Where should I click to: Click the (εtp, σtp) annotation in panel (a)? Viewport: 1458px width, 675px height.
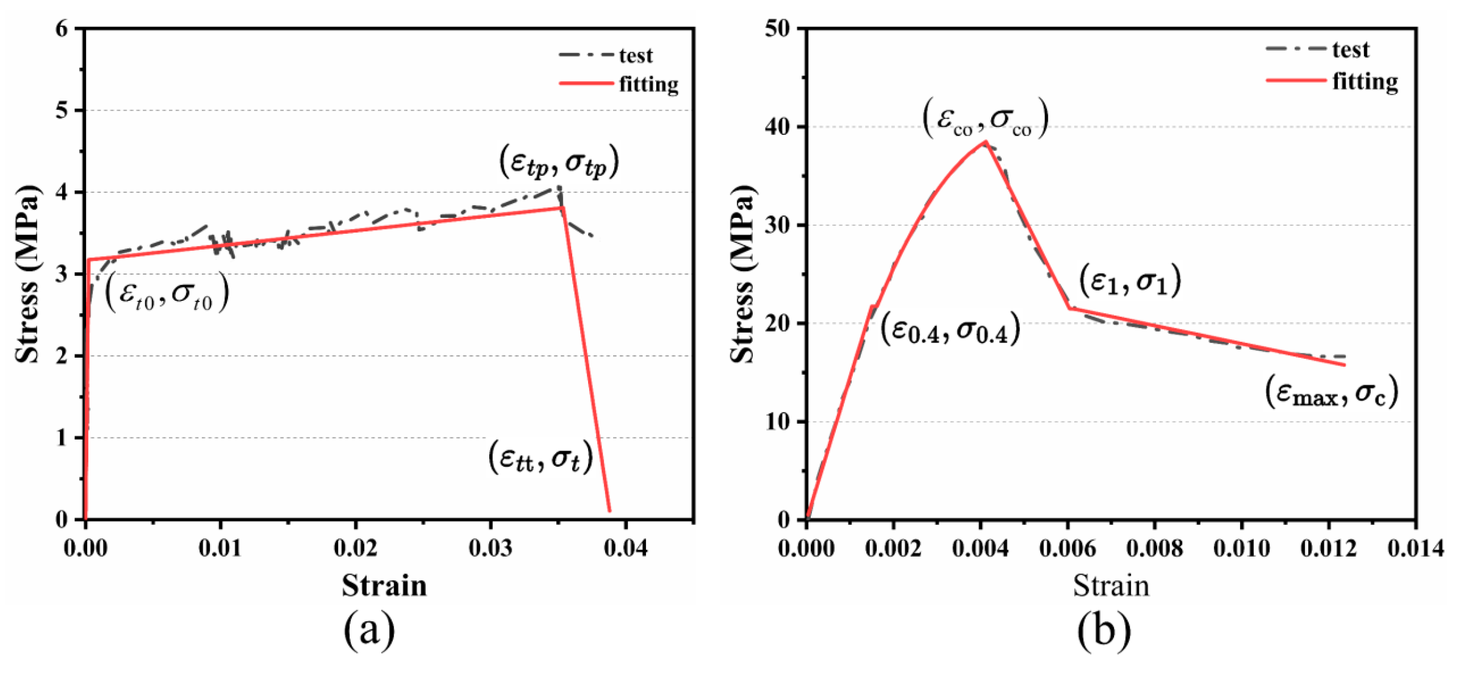(x=559, y=162)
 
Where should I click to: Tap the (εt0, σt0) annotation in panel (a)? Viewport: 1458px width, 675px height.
(x=167, y=294)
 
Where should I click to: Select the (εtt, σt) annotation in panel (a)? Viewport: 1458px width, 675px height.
(x=540, y=458)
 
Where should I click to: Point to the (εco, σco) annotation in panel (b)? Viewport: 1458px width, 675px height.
(x=985, y=118)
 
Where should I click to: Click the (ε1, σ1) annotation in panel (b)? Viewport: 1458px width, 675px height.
(x=1130, y=281)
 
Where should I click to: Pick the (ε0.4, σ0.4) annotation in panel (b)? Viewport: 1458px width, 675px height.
(x=950, y=330)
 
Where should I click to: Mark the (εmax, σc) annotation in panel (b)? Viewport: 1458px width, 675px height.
(x=1331, y=392)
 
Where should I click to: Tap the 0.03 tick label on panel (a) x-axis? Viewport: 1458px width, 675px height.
(x=490, y=548)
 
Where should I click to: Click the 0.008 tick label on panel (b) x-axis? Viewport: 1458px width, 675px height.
(x=1154, y=548)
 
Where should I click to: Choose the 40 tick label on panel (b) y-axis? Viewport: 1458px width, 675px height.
(x=777, y=127)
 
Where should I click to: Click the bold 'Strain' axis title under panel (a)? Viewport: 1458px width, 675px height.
(x=384, y=585)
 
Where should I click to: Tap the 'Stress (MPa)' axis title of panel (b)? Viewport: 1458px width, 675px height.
(x=742, y=273)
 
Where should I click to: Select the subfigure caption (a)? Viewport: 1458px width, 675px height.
(x=369, y=630)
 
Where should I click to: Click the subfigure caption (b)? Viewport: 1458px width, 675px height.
(x=1104, y=630)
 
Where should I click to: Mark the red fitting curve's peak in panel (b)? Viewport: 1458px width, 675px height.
(x=985, y=142)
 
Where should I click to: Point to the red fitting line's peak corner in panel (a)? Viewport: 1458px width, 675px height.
(x=562, y=208)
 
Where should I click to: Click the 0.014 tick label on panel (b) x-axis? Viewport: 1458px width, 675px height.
(x=1415, y=548)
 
